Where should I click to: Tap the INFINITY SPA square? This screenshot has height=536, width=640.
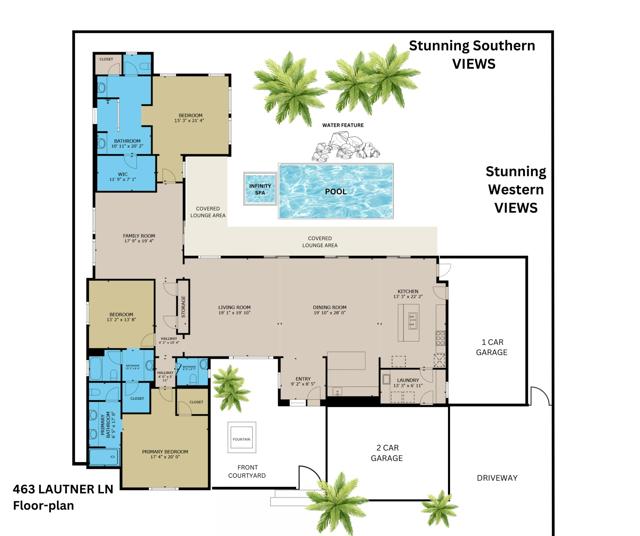click(x=259, y=190)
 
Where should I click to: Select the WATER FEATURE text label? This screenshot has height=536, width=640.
click(x=342, y=125)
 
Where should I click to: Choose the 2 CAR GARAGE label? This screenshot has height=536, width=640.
click(x=387, y=452)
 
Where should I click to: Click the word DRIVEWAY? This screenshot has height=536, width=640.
click(x=497, y=478)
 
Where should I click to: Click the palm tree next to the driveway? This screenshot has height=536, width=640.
click(x=438, y=507)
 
